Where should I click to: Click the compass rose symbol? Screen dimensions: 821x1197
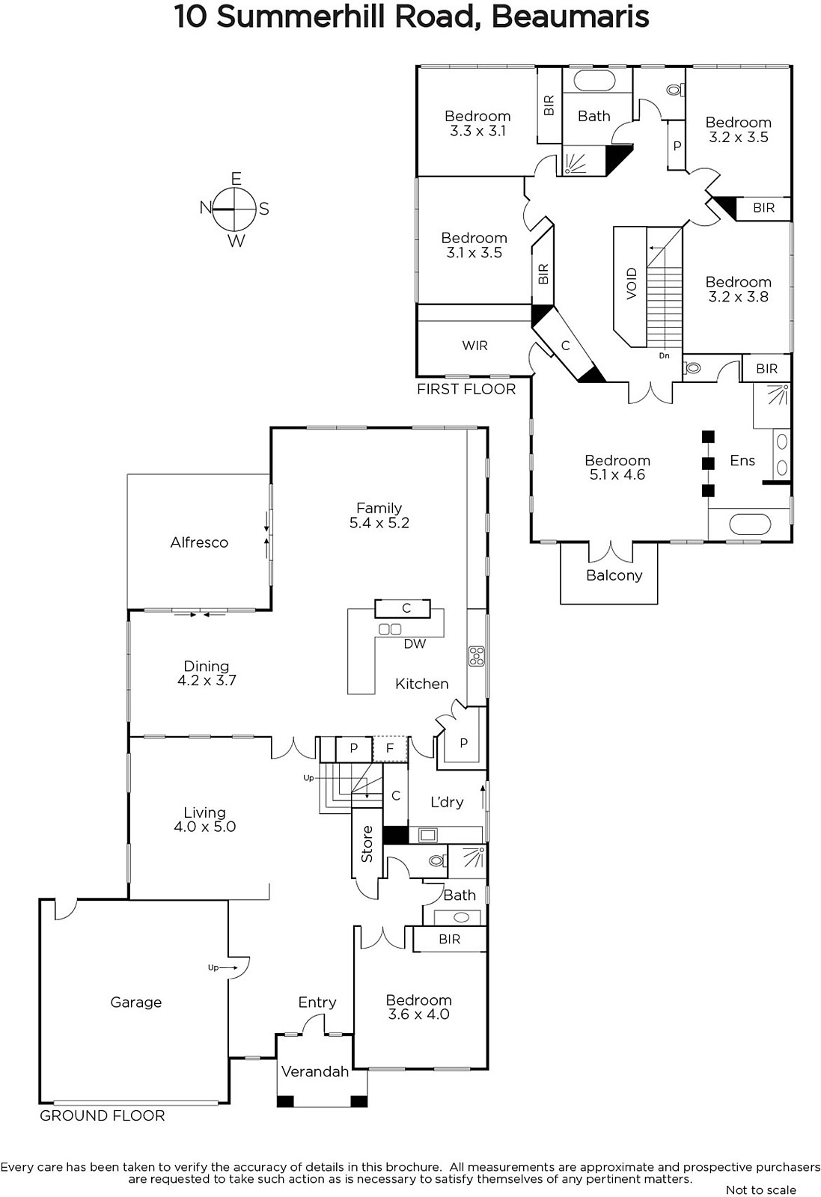click(235, 209)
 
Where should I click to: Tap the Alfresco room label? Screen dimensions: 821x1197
click(199, 542)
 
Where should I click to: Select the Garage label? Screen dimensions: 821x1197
click(135, 1002)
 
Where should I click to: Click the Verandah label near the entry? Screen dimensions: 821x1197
click(315, 1071)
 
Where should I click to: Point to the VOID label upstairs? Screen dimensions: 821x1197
click(632, 284)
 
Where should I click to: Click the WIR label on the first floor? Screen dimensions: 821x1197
click(474, 346)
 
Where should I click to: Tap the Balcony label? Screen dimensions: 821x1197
click(614, 575)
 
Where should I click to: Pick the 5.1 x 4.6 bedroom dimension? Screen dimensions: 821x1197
click(617, 474)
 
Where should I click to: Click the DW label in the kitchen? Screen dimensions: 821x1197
click(415, 644)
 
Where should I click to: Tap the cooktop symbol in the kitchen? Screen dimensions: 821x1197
click(476, 656)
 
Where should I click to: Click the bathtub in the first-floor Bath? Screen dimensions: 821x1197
click(593, 82)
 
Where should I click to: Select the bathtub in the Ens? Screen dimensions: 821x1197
click(750, 524)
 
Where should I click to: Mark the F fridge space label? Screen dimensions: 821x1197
click(390, 748)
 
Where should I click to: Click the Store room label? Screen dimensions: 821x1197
click(367, 845)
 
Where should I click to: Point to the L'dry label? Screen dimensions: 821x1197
click(447, 801)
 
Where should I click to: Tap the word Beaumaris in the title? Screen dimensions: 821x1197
click(570, 16)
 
